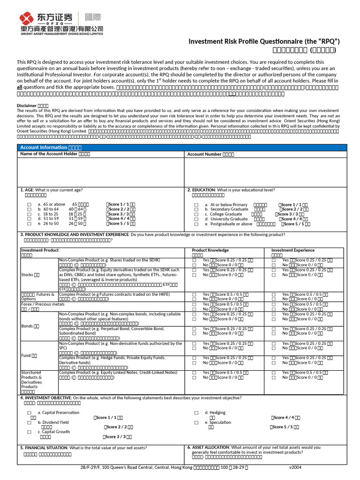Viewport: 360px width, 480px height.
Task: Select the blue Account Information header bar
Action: click(182, 147)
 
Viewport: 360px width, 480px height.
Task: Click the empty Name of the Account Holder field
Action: click(101, 172)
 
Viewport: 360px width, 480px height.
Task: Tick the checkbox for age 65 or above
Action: click(30, 205)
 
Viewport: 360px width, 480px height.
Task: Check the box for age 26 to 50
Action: click(30, 224)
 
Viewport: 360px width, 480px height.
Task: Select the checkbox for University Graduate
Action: click(196, 219)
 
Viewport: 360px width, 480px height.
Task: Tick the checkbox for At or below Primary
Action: click(196, 205)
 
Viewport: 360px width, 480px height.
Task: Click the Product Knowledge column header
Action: click(210, 250)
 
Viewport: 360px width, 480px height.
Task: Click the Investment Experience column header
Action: click(293, 250)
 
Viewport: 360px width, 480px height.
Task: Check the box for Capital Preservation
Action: click(30, 413)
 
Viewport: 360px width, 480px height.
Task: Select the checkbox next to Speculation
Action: click(196, 422)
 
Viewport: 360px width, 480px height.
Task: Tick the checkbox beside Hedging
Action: click(196, 413)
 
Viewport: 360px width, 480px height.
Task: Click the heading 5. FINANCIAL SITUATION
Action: click(44, 448)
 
